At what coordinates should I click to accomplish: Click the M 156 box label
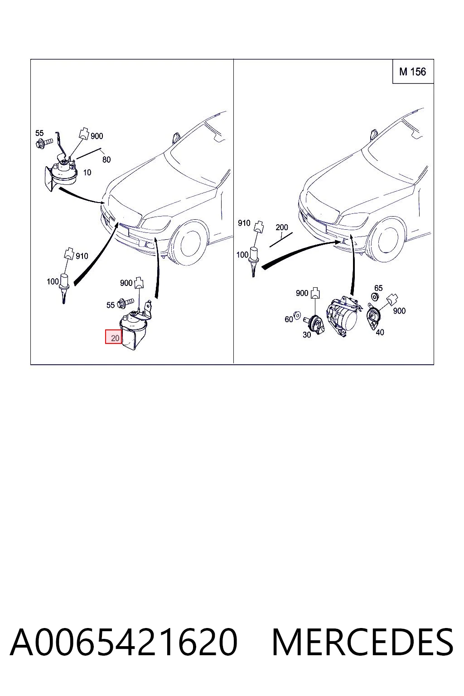tap(412, 72)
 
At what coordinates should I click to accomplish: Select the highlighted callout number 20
tap(115, 338)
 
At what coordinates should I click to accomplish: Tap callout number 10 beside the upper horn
tap(87, 173)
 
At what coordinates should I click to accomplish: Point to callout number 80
tap(106, 159)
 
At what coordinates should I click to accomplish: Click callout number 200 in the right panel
tap(281, 227)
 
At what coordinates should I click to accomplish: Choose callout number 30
tap(307, 335)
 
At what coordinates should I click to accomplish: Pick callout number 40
tap(380, 333)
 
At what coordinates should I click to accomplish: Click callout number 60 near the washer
tap(289, 319)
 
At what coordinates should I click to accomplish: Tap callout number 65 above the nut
tap(378, 288)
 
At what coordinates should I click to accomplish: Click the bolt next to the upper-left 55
tap(44, 143)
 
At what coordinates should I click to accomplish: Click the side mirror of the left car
tap(176, 137)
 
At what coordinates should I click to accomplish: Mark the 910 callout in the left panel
tap(82, 256)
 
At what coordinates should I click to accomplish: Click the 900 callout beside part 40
tap(399, 311)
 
